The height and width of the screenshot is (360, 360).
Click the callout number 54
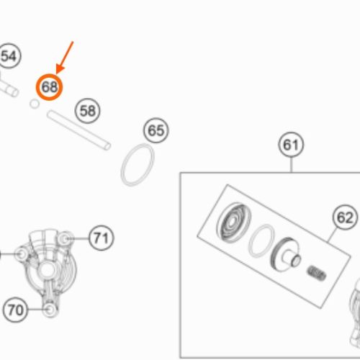(9, 56)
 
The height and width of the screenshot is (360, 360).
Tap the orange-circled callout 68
(49, 87)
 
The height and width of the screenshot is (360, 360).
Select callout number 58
(88, 111)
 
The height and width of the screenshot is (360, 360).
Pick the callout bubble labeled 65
(156, 130)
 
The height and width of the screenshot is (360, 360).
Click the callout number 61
(291, 145)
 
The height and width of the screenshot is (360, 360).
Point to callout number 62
(346, 217)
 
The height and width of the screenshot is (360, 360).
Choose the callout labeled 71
(102, 238)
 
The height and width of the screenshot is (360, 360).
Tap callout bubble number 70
(16, 310)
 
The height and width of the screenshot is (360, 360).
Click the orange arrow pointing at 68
(65, 58)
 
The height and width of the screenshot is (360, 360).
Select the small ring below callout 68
(35, 104)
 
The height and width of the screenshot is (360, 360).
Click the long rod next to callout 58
(78, 130)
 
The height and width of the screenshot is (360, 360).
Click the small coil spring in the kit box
(317, 273)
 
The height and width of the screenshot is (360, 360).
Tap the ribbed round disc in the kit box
(234, 222)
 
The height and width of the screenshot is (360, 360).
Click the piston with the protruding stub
(286, 255)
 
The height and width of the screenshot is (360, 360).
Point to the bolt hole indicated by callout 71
(65, 238)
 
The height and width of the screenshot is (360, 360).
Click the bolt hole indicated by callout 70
(50, 310)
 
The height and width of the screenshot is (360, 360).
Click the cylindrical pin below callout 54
(9, 88)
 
